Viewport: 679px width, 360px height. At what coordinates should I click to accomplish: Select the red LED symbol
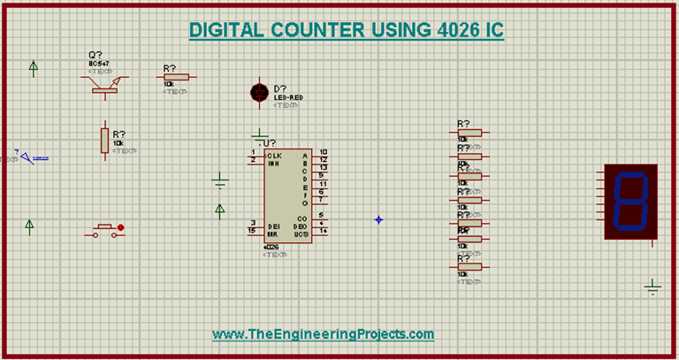(x=259, y=92)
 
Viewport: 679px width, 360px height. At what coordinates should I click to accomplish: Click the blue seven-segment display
(x=631, y=201)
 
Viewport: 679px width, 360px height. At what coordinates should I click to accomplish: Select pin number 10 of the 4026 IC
(x=324, y=152)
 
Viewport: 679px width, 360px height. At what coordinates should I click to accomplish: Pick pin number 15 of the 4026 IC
(x=253, y=231)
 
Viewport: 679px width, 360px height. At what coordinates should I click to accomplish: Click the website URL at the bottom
(x=324, y=333)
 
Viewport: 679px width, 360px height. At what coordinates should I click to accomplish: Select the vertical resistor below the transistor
(x=104, y=140)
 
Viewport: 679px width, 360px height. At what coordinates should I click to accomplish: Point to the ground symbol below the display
(x=652, y=286)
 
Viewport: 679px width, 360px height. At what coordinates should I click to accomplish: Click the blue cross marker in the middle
(x=378, y=219)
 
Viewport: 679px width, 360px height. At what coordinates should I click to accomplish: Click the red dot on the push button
(x=120, y=227)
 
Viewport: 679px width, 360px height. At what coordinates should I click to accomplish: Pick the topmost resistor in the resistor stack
(x=469, y=134)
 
